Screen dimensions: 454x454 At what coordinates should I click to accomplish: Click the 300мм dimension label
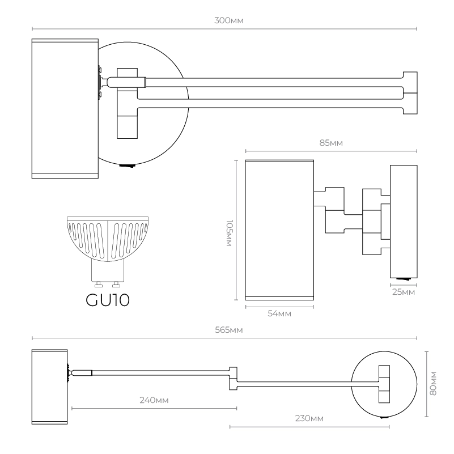tap(225, 20)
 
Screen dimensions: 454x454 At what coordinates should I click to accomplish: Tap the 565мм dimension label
tap(225, 330)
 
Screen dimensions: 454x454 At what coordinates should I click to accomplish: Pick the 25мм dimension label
tap(404, 292)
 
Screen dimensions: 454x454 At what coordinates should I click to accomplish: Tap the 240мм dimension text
tap(154, 400)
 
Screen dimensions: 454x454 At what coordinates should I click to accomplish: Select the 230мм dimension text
tap(309, 418)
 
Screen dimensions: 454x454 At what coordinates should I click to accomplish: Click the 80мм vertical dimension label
tap(434, 384)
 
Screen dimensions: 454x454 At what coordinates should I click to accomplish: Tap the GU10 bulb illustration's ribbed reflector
tap(108, 235)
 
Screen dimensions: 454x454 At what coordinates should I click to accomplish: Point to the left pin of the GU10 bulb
tap(99, 283)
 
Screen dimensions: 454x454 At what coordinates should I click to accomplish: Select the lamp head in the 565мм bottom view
tap(49, 387)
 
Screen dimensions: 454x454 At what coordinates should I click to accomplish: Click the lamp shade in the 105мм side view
tap(279, 230)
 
